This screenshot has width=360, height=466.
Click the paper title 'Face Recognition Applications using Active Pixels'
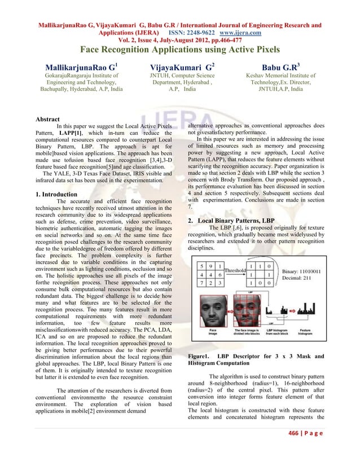179,50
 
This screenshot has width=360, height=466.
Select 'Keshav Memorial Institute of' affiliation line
281,75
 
